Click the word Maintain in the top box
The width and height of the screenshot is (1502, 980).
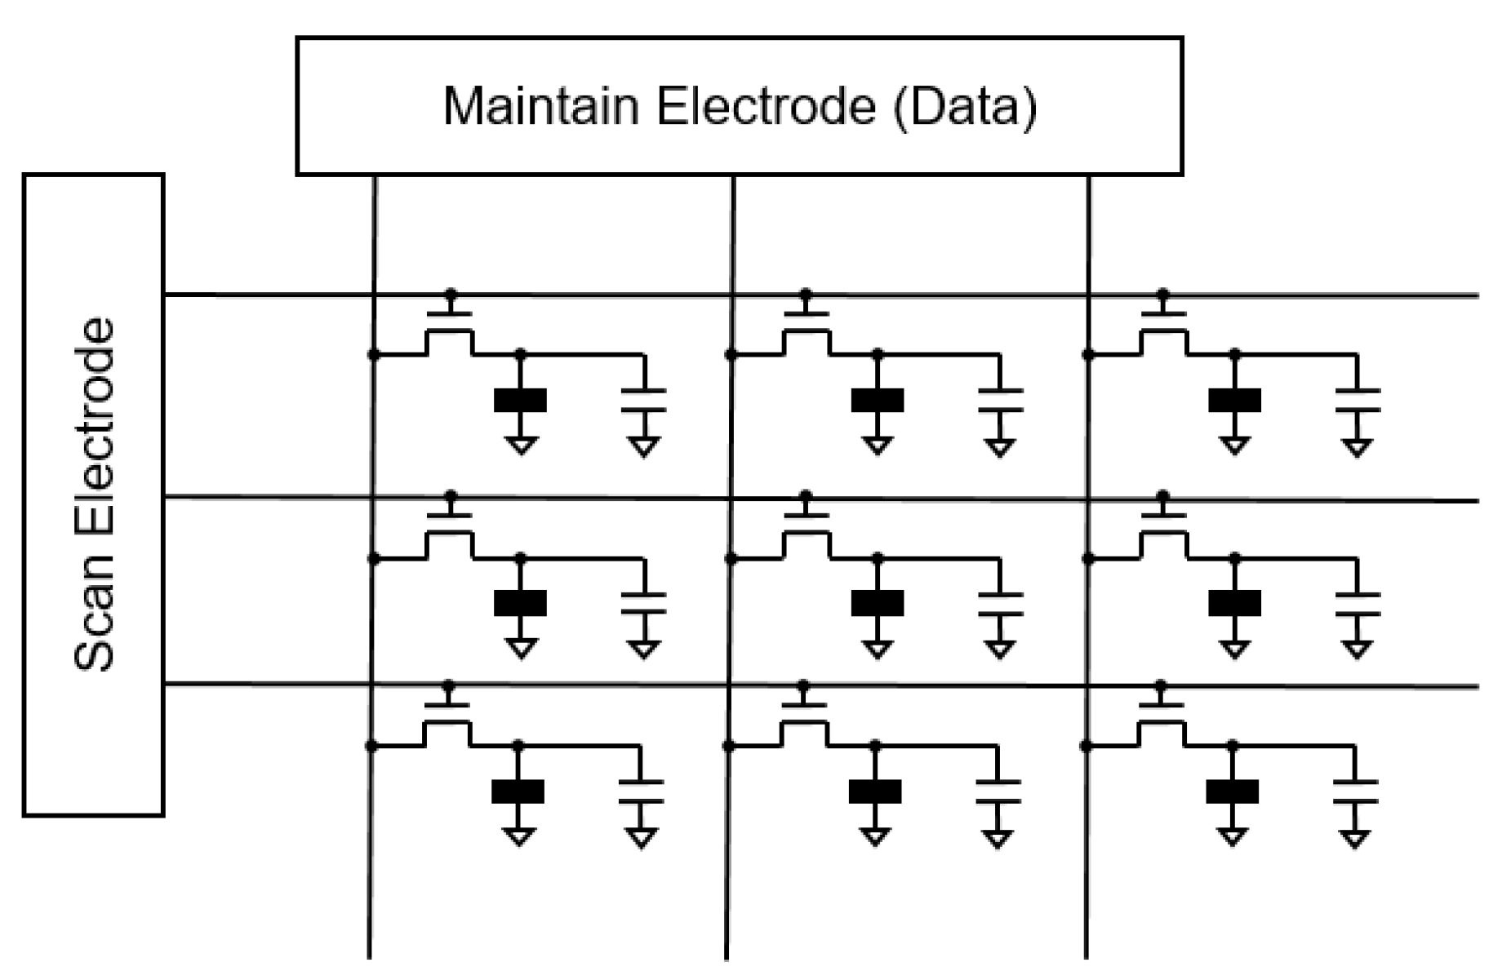[x=540, y=106]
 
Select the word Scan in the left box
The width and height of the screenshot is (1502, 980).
[x=95, y=611]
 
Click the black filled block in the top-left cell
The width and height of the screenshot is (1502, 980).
[x=521, y=401]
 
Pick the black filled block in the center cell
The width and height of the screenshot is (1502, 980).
[x=878, y=603]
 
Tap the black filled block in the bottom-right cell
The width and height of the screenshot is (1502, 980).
[x=1232, y=792]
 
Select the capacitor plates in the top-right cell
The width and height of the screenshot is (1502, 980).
[x=1358, y=400]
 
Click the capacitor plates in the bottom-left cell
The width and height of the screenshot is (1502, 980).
[x=641, y=792]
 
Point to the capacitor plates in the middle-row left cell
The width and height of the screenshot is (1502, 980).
[x=643, y=603]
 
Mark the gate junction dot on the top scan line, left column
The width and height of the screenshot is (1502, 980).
[x=451, y=294]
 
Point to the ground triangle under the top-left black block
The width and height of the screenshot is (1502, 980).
[x=521, y=445]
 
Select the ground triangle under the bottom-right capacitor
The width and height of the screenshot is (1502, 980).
[x=1354, y=838]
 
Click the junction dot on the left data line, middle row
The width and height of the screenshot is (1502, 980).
[x=374, y=559]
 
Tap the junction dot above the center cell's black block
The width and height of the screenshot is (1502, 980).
[x=878, y=559]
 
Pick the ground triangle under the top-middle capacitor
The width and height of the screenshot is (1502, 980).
[x=1000, y=447]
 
